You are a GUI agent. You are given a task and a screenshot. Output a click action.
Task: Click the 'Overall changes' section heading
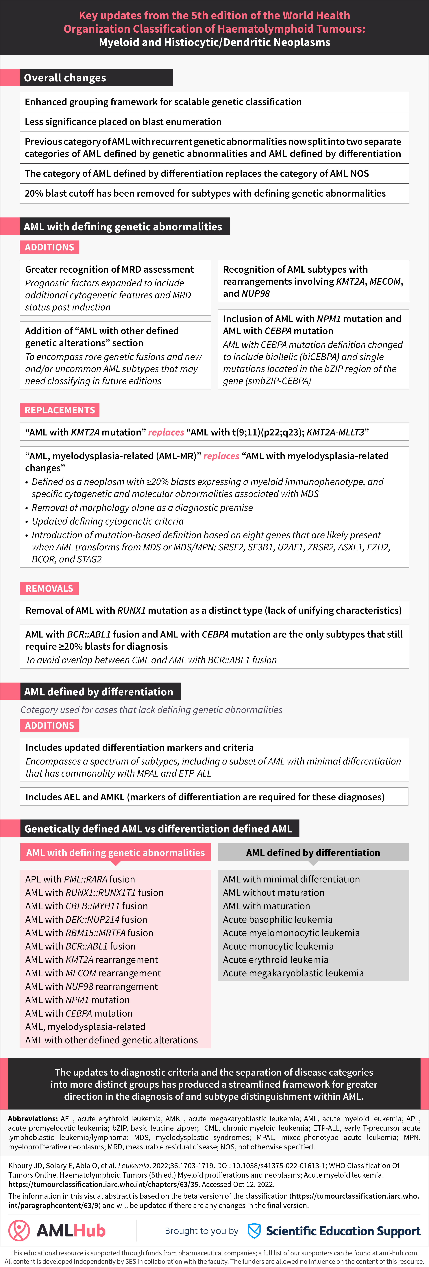65,78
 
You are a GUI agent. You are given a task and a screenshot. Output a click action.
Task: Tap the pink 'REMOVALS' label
49,588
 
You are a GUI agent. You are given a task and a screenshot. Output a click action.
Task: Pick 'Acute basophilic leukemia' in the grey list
278,919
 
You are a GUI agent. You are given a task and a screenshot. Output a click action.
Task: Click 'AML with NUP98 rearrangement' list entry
92,986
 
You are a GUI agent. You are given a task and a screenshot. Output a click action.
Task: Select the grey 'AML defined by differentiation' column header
313,852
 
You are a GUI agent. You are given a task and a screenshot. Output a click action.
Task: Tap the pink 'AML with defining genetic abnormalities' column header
115,852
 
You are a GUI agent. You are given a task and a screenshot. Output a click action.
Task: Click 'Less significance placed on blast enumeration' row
123,121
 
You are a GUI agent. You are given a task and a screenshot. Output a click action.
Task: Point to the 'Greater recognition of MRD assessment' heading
109,269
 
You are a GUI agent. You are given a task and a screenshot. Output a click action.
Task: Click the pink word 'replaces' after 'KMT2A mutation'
166,432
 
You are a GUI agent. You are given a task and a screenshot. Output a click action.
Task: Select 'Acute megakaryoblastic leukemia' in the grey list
293,973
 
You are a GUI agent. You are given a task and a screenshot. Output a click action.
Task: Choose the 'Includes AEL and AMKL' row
205,797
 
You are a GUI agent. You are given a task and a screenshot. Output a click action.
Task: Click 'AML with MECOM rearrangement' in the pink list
93,973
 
